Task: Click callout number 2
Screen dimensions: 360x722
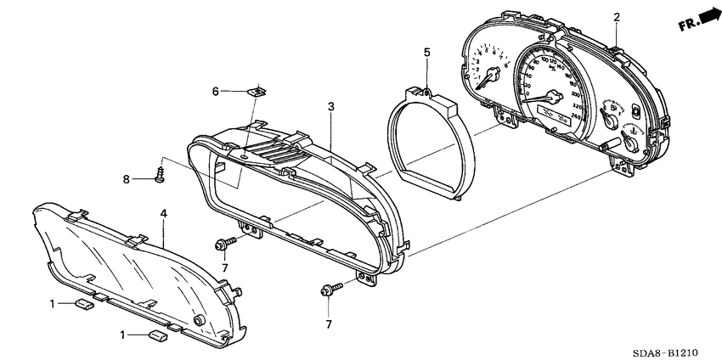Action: point(617,16)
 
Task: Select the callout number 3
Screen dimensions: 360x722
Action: point(330,107)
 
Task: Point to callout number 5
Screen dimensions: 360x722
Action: point(427,53)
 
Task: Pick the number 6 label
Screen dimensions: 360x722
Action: point(216,91)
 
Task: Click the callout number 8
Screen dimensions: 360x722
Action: point(127,179)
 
